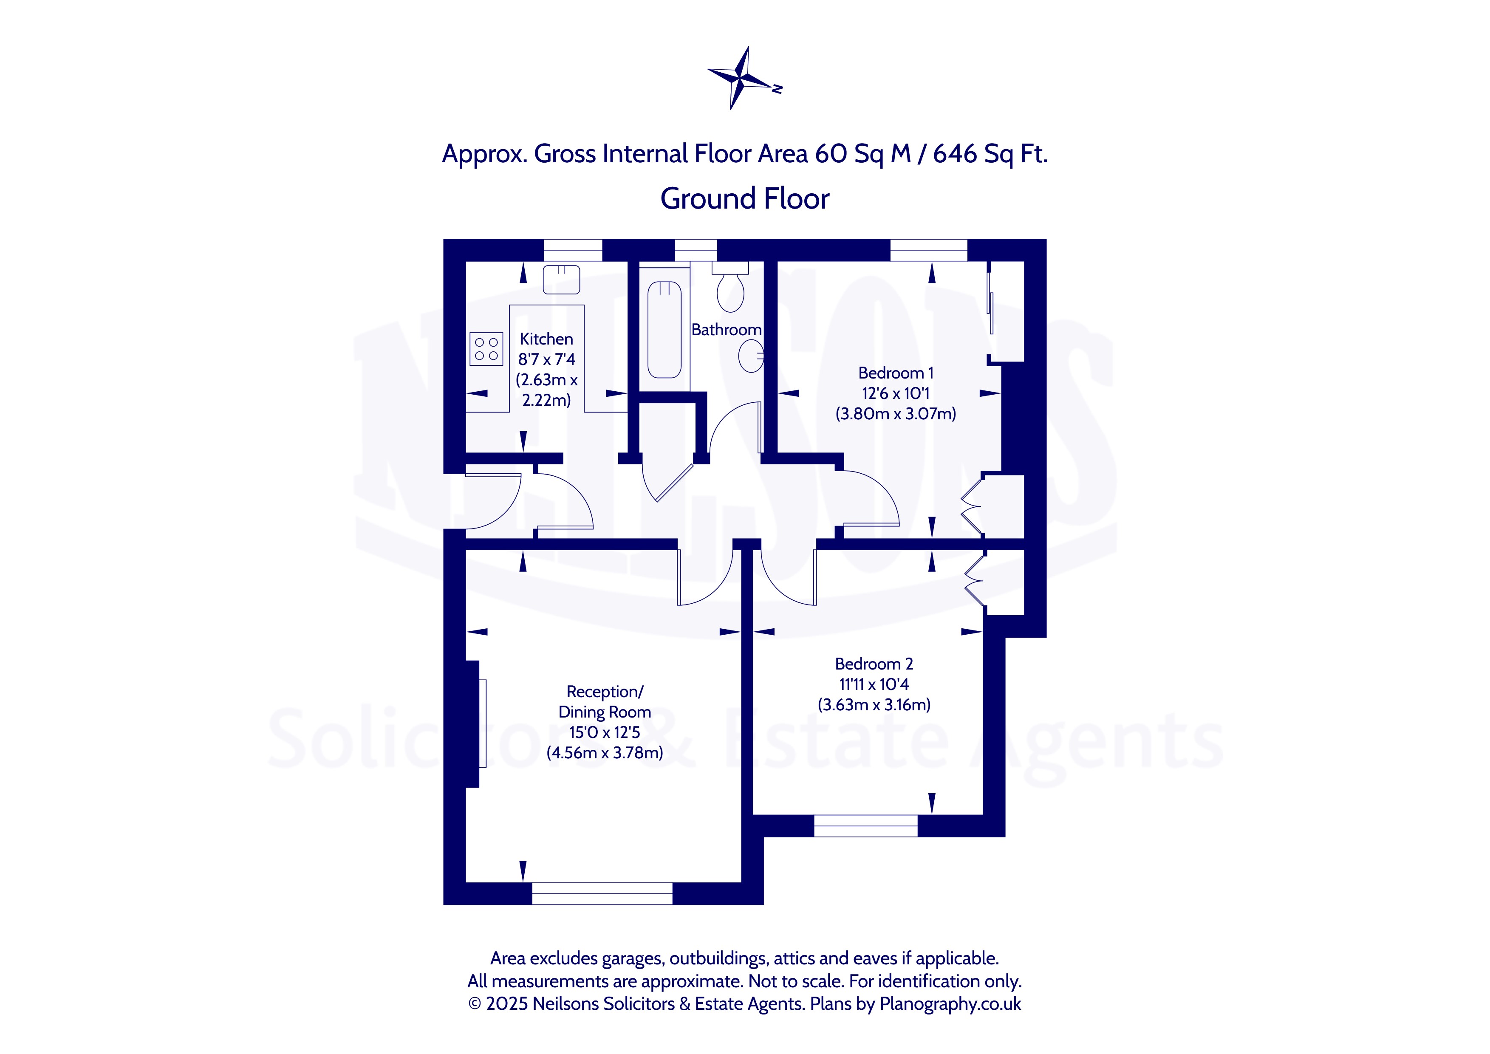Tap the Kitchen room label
coord(546,339)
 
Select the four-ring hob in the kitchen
coord(486,348)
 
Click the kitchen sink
coord(561,279)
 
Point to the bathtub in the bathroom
coord(664,330)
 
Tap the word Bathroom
coord(726,330)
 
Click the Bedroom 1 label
coord(896,373)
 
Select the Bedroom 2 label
coord(874,664)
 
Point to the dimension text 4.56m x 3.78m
coord(605,753)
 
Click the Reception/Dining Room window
coord(602,894)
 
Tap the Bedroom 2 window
coord(866,826)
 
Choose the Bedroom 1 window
coord(929,250)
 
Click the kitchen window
coord(572,250)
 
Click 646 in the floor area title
coord(955,154)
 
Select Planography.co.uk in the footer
coord(950,1004)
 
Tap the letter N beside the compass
coord(777,89)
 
